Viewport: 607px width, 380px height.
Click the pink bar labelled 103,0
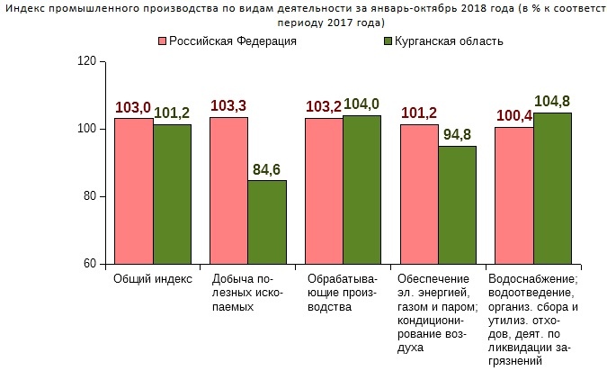133,191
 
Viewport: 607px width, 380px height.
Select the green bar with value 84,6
267,222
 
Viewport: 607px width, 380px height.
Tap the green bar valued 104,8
552,188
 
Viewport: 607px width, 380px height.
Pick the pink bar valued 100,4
514,195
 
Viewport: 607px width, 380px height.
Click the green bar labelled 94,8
457,204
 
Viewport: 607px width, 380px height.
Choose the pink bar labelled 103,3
228,190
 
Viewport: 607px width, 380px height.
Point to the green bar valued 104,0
362,189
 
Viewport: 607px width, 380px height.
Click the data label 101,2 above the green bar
172,113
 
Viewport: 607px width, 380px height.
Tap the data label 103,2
324,107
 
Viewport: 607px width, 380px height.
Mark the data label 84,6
267,168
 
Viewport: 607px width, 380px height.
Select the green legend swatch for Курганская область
388,41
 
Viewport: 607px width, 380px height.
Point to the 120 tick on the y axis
86,61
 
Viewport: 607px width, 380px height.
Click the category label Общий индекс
153,279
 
